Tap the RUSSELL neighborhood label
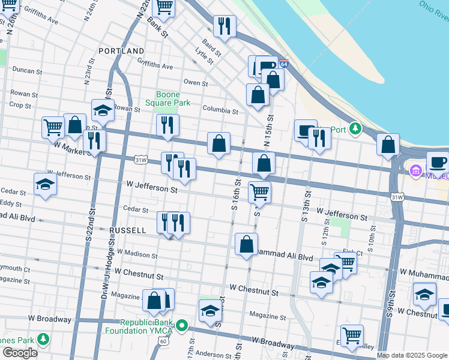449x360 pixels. coord(127,230)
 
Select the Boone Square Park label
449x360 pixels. coord(173,98)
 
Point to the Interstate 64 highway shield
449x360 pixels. coord(283,63)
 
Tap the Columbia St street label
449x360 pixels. coord(220,110)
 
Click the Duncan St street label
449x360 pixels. coord(26,70)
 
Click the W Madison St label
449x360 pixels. coord(137,254)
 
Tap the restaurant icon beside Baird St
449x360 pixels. coord(224,26)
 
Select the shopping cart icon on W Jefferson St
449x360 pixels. coord(259,192)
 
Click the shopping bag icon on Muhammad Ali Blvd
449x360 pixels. coord(246,244)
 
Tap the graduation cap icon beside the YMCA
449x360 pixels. coord(210,311)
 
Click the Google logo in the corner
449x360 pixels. coord(20,353)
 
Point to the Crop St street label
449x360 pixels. coord(20,105)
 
